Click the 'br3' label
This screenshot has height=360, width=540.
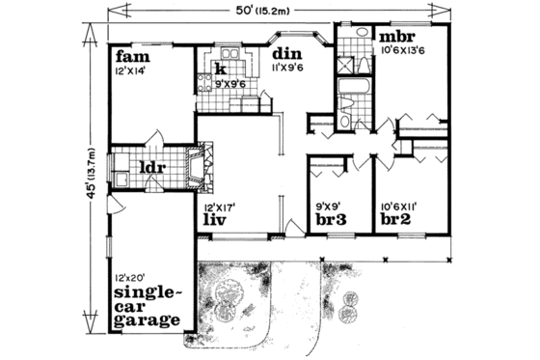[x=332, y=219]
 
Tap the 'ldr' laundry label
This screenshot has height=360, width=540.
[x=154, y=167]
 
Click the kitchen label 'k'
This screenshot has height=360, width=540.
[x=221, y=69]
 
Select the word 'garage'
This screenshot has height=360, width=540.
[x=147, y=319]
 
